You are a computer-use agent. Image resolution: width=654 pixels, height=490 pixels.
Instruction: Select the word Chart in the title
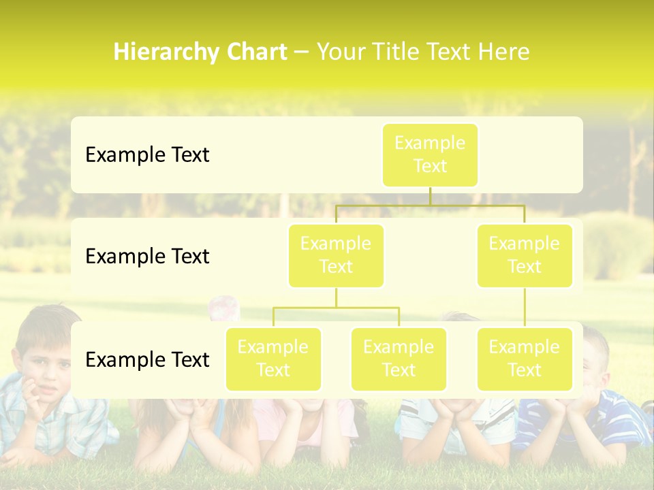pos(255,52)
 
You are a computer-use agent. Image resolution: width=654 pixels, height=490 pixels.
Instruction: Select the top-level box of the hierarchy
pos(430,154)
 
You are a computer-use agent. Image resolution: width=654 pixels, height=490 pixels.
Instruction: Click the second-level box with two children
pos(336,255)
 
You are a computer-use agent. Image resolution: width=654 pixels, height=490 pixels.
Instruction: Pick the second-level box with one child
pos(525,255)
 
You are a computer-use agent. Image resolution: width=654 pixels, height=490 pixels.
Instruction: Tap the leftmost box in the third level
pos(273,359)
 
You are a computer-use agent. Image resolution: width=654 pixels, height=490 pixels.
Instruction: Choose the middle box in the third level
pos(399,359)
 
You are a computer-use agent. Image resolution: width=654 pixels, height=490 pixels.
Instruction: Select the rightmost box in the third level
pos(525,359)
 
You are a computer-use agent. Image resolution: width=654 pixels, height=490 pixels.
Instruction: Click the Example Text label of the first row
pos(147,155)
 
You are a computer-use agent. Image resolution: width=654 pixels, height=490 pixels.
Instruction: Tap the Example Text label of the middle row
pos(147,257)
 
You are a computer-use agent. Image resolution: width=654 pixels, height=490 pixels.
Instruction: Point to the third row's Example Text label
pos(147,359)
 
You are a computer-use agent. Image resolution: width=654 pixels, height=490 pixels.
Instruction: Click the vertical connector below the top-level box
pos(430,196)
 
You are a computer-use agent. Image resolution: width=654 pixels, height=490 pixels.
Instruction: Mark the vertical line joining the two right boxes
pos(525,308)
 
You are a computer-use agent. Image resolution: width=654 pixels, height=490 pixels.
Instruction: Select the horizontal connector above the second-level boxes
pos(430,205)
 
